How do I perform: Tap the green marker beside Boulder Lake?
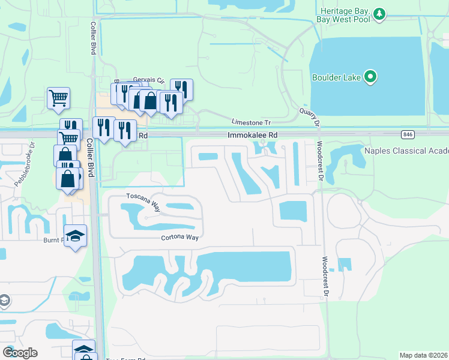(x=370, y=76)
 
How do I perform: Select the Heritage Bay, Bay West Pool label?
(x=345, y=16)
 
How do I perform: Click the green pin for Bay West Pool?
(x=379, y=13)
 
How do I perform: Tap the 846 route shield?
(x=408, y=134)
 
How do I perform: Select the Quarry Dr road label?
(x=310, y=116)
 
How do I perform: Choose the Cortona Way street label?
(x=179, y=238)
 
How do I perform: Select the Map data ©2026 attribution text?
(x=424, y=355)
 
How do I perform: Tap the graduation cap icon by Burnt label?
(x=75, y=235)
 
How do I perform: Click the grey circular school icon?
(x=4, y=299)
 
